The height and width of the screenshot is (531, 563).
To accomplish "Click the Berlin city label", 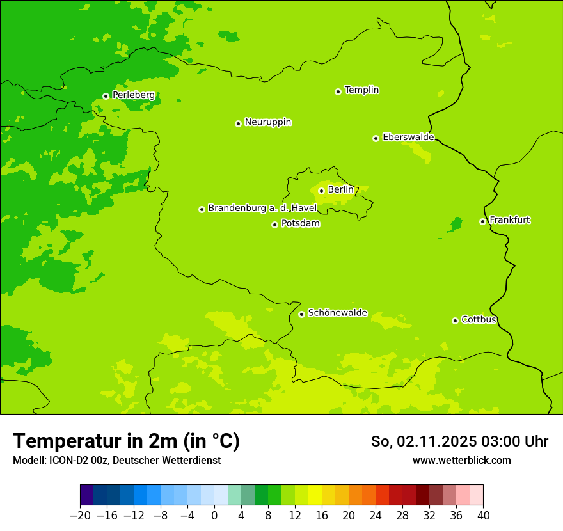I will tap(340, 189).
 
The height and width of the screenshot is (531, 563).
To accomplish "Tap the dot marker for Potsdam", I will tap(274, 225).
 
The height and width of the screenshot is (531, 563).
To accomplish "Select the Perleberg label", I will tap(133, 95).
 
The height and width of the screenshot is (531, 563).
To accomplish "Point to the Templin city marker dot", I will tap(338, 91).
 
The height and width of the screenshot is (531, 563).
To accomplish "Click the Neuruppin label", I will tap(267, 122).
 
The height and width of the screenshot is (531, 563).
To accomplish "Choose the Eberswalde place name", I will tap(408, 137).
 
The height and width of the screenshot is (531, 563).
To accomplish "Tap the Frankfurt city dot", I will tap(482, 221).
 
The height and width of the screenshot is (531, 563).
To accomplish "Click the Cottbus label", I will tap(479, 319).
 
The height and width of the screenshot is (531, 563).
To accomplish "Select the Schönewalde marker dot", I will tap(301, 314).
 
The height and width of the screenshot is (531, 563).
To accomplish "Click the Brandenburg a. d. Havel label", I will tap(262, 208).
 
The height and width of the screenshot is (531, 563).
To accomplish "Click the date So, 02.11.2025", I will tap(422, 441).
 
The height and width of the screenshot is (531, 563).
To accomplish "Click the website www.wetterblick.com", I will tap(461, 460).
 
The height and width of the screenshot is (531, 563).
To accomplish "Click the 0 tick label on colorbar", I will tap(214, 516).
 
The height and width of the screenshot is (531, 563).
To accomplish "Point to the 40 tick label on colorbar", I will tap(483, 516).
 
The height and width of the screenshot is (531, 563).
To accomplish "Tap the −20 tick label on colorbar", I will tap(80, 516).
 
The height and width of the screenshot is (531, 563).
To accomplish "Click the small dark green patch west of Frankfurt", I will tap(456, 225).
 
